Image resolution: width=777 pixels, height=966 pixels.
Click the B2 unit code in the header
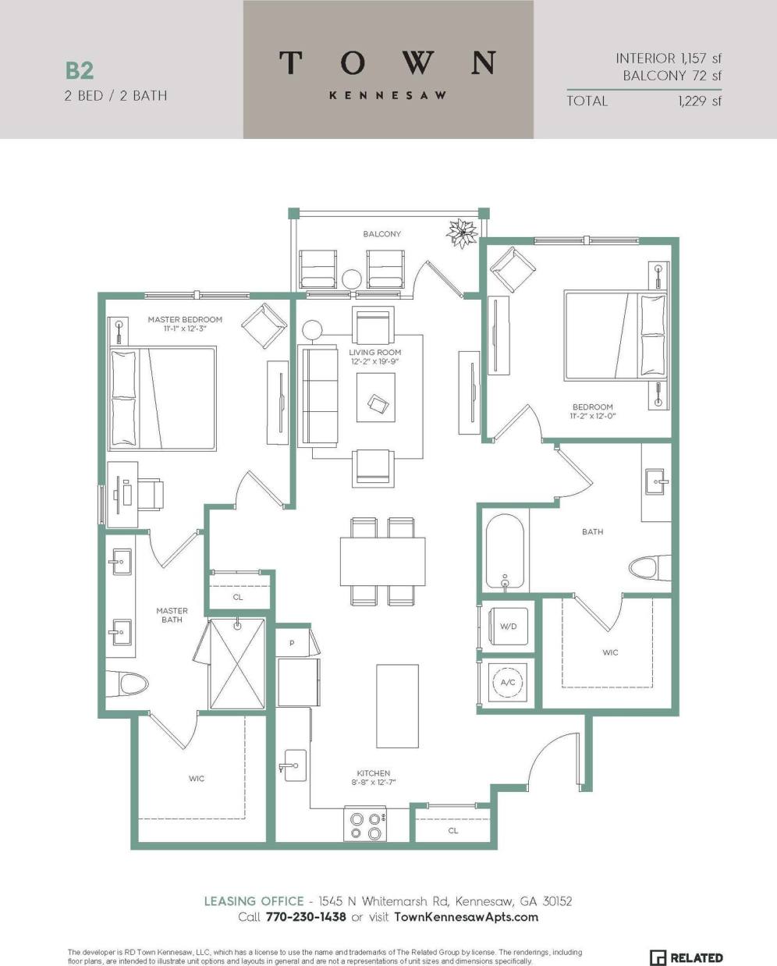tap(80, 70)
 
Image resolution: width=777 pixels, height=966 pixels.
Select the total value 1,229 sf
tap(700, 101)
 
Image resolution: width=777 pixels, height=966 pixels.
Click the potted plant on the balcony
tap(463, 232)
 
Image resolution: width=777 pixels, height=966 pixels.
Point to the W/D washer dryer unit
tap(507, 626)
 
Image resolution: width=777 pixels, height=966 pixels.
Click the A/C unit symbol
tap(507, 682)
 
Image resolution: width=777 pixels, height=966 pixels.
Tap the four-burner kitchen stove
tap(367, 826)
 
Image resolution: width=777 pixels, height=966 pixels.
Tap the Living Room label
tap(374, 353)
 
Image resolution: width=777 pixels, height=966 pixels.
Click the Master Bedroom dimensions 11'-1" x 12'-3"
tap(185, 329)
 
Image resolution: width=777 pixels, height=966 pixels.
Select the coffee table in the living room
tap(378, 398)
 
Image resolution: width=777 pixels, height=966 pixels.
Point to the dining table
tap(383, 561)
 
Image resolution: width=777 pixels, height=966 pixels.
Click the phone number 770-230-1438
tap(305, 917)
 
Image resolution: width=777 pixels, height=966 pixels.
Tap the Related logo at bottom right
tap(686, 957)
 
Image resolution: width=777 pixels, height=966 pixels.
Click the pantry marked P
tap(291, 643)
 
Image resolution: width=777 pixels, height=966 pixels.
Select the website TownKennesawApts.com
tap(467, 917)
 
